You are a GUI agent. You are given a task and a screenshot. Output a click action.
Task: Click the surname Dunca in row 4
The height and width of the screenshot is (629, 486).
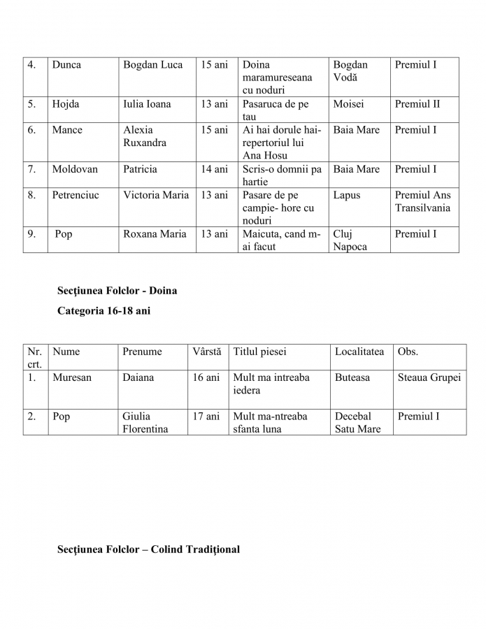click(66, 65)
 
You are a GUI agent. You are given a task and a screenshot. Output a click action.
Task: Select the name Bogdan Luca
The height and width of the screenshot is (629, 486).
click(152, 65)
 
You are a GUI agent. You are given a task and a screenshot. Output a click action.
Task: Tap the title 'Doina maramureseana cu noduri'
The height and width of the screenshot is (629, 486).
click(277, 78)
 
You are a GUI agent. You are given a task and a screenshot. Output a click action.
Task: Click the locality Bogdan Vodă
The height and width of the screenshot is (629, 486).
click(350, 71)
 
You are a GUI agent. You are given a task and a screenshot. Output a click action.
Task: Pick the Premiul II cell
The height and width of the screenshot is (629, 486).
click(417, 104)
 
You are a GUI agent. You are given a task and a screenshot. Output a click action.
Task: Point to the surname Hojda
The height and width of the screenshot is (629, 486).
click(66, 104)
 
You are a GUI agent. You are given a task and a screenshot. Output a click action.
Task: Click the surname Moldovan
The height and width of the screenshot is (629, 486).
click(75, 169)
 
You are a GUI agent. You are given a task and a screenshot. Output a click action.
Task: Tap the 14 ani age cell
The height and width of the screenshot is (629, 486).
click(215, 169)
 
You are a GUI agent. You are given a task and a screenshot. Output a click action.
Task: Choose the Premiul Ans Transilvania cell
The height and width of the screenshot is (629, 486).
click(422, 201)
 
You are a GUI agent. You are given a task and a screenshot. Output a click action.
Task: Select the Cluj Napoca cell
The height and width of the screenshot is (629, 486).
click(350, 240)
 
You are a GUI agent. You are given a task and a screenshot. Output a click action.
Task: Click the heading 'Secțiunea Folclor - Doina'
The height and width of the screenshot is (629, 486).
click(117, 290)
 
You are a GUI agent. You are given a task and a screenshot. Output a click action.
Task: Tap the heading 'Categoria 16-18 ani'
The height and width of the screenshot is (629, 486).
click(103, 311)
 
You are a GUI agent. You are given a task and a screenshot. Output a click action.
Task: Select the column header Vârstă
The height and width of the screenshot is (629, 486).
click(207, 352)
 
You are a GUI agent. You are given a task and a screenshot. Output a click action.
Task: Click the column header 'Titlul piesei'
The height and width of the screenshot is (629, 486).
click(259, 352)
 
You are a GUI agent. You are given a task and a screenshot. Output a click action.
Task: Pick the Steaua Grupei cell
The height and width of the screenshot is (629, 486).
click(429, 377)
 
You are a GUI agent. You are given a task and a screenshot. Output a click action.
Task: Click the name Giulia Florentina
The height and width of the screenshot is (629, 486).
click(145, 423)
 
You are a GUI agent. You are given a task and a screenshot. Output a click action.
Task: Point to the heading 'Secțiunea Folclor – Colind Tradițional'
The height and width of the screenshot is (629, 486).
click(148, 549)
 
